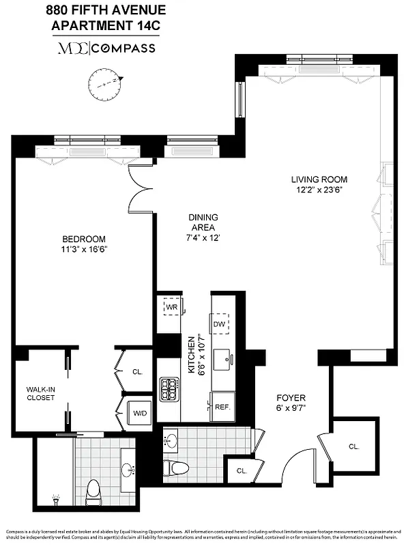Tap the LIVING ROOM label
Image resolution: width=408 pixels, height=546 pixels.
pos(316,179)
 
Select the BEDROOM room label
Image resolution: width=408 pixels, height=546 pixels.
pos(84,239)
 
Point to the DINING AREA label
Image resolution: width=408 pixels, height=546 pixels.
pos(203,222)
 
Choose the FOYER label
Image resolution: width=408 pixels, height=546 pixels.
pos(291,398)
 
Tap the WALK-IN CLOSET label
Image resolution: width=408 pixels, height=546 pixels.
pos(40,393)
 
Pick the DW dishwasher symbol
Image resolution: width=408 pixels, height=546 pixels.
pos(220,324)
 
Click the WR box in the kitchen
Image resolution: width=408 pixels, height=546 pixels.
pos(171,307)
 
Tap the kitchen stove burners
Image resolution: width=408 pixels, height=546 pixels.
pos(168,390)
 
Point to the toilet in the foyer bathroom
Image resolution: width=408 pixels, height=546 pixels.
pos(177,468)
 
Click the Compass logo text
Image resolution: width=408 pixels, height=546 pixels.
pos(123,48)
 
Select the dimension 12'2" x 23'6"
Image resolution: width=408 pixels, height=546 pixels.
pos(316,190)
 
